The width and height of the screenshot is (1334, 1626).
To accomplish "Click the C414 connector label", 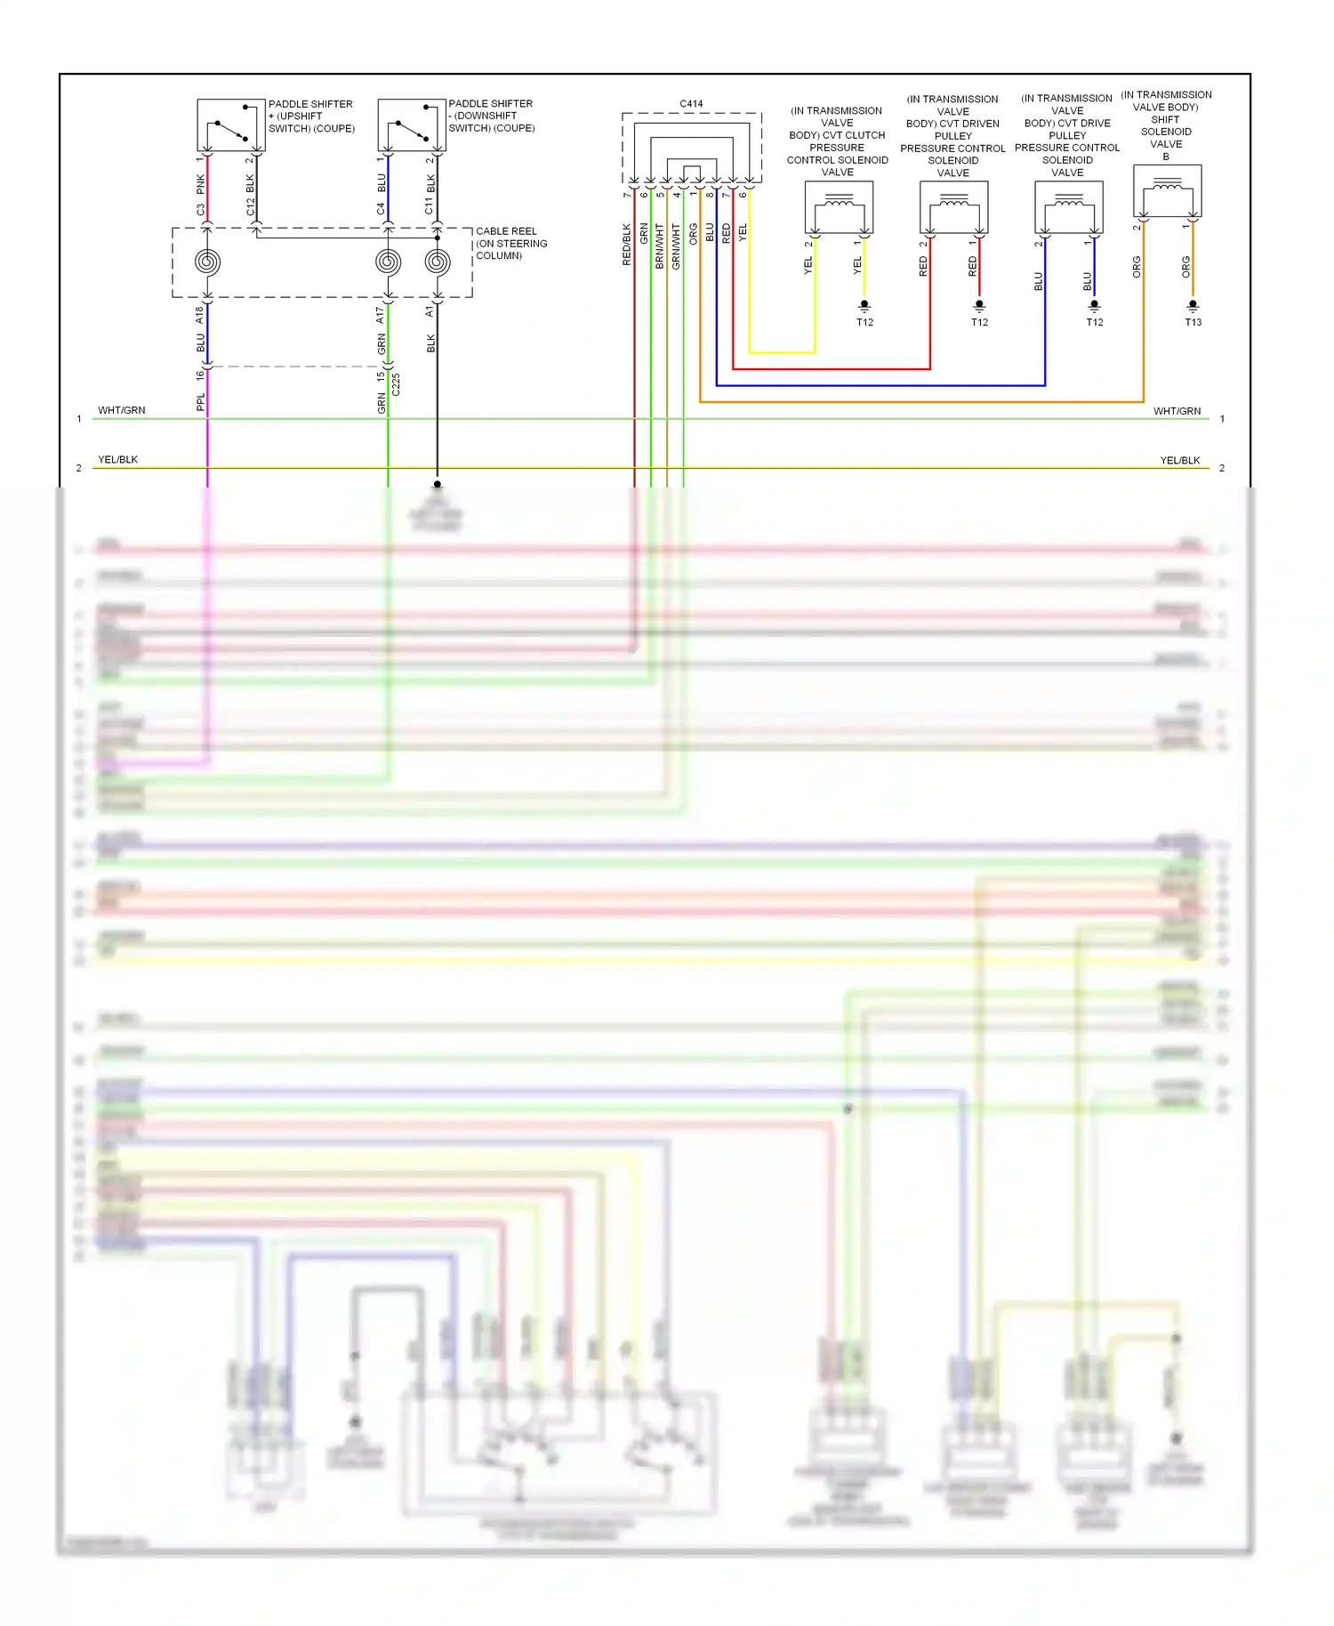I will click(691, 104).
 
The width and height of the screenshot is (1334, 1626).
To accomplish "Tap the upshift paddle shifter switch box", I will click(230, 125).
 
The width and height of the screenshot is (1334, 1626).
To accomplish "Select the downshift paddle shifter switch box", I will click(411, 125).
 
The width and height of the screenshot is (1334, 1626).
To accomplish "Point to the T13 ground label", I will click(1193, 322).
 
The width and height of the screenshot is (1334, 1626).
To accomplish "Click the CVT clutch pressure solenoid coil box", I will click(838, 207).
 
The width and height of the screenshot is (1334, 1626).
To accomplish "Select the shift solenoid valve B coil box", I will click(1167, 190).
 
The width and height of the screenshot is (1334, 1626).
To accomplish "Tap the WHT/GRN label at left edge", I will click(121, 410).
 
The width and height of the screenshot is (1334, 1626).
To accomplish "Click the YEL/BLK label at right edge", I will click(1179, 460).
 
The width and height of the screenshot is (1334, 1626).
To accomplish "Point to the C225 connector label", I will click(397, 384).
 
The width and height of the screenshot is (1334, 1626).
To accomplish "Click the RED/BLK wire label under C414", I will click(626, 245).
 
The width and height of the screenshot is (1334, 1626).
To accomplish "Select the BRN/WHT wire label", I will click(659, 246).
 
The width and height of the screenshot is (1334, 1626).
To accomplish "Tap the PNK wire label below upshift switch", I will click(200, 184).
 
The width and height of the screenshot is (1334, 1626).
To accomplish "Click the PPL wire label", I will click(200, 402).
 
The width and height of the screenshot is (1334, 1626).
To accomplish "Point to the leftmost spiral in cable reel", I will click(207, 262).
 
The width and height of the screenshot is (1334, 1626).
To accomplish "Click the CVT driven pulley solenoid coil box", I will click(953, 207).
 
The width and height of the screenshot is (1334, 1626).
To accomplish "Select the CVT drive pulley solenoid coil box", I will click(1068, 207).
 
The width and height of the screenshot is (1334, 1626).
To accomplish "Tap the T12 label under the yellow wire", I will click(864, 322).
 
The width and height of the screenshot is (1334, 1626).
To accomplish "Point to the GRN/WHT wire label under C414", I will click(676, 246).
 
